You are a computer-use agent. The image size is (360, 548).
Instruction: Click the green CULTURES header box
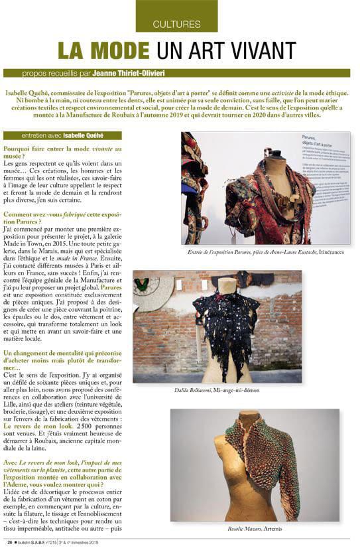[176, 17]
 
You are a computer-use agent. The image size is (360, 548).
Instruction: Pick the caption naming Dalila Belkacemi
[217, 390]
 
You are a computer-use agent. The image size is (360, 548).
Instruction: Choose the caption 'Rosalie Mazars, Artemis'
[255, 528]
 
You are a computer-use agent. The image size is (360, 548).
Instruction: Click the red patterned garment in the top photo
[265, 199]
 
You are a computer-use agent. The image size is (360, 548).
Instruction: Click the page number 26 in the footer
[9, 542]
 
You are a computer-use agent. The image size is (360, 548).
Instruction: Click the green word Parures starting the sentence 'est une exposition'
[111, 289]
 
